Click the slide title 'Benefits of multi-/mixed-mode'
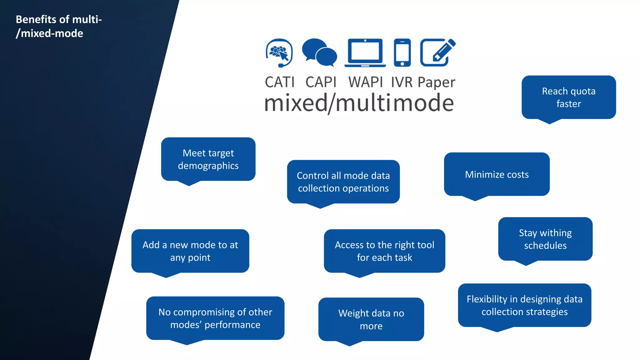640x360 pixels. [59, 26]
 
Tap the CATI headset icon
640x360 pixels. [279, 52]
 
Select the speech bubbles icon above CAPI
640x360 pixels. [319, 52]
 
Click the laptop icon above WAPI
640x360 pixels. [365, 52]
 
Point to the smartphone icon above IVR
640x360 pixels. [402, 52]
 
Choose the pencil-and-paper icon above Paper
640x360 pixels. [437, 52]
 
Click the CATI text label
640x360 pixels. [280, 82]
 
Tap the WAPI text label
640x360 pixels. [365, 82]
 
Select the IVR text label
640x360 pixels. [402, 82]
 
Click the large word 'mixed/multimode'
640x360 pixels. [359, 103]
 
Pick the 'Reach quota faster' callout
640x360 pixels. [568, 97]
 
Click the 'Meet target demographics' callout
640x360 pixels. [208, 159]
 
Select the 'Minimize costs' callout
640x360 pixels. [497, 174]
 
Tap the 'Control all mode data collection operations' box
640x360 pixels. [343, 182]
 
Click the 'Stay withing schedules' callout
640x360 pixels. [545, 239]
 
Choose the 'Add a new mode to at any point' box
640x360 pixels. [190, 251]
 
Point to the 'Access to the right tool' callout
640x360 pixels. [384, 251]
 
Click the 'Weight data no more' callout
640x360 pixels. [371, 319]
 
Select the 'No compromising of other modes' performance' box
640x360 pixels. [215, 318]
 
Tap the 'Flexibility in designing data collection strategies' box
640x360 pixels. [524, 305]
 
